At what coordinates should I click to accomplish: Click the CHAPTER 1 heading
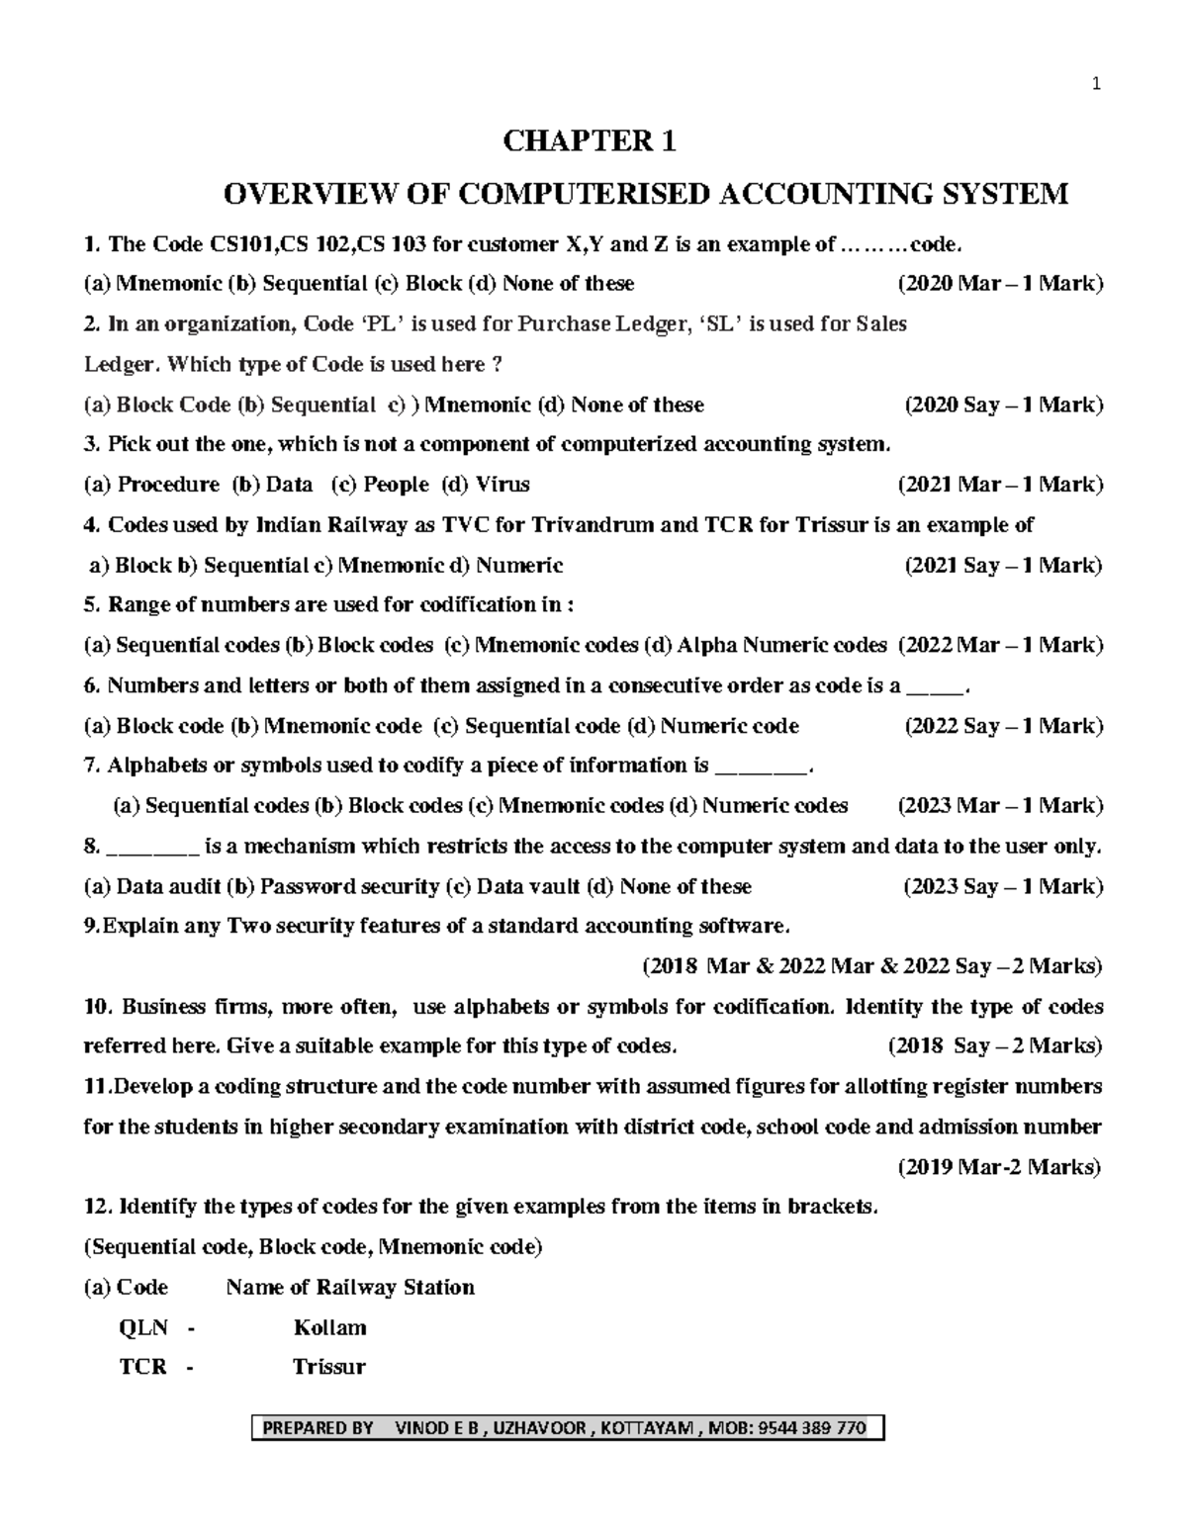click(x=590, y=142)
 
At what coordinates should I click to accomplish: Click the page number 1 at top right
click(x=1095, y=84)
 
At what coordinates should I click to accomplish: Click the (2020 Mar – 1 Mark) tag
click(x=999, y=284)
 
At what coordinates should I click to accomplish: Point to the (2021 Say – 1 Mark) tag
click(x=1003, y=566)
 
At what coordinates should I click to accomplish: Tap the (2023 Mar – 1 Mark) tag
click(x=999, y=806)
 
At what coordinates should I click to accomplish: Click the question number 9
click(x=91, y=927)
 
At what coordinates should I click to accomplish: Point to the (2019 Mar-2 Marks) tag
click(x=999, y=1168)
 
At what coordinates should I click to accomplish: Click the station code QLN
click(x=142, y=1327)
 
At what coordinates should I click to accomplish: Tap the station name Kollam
click(x=329, y=1327)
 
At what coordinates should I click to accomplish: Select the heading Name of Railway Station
click(x=350, y=1288)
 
